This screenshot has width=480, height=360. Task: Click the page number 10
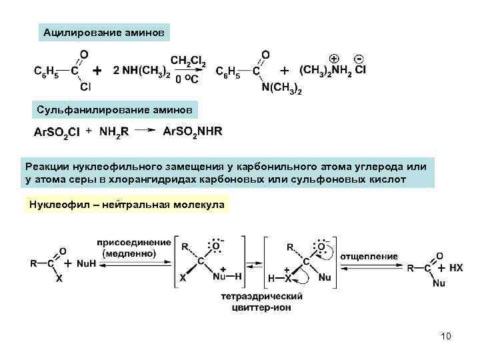(x=445, y=336)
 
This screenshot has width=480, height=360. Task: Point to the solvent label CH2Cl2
(x=188, y=62)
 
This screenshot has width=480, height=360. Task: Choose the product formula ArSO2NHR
(x=193, y=131)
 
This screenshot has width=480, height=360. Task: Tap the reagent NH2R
(x=114, y=131)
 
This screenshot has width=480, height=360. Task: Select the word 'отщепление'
(x=369, y=256)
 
